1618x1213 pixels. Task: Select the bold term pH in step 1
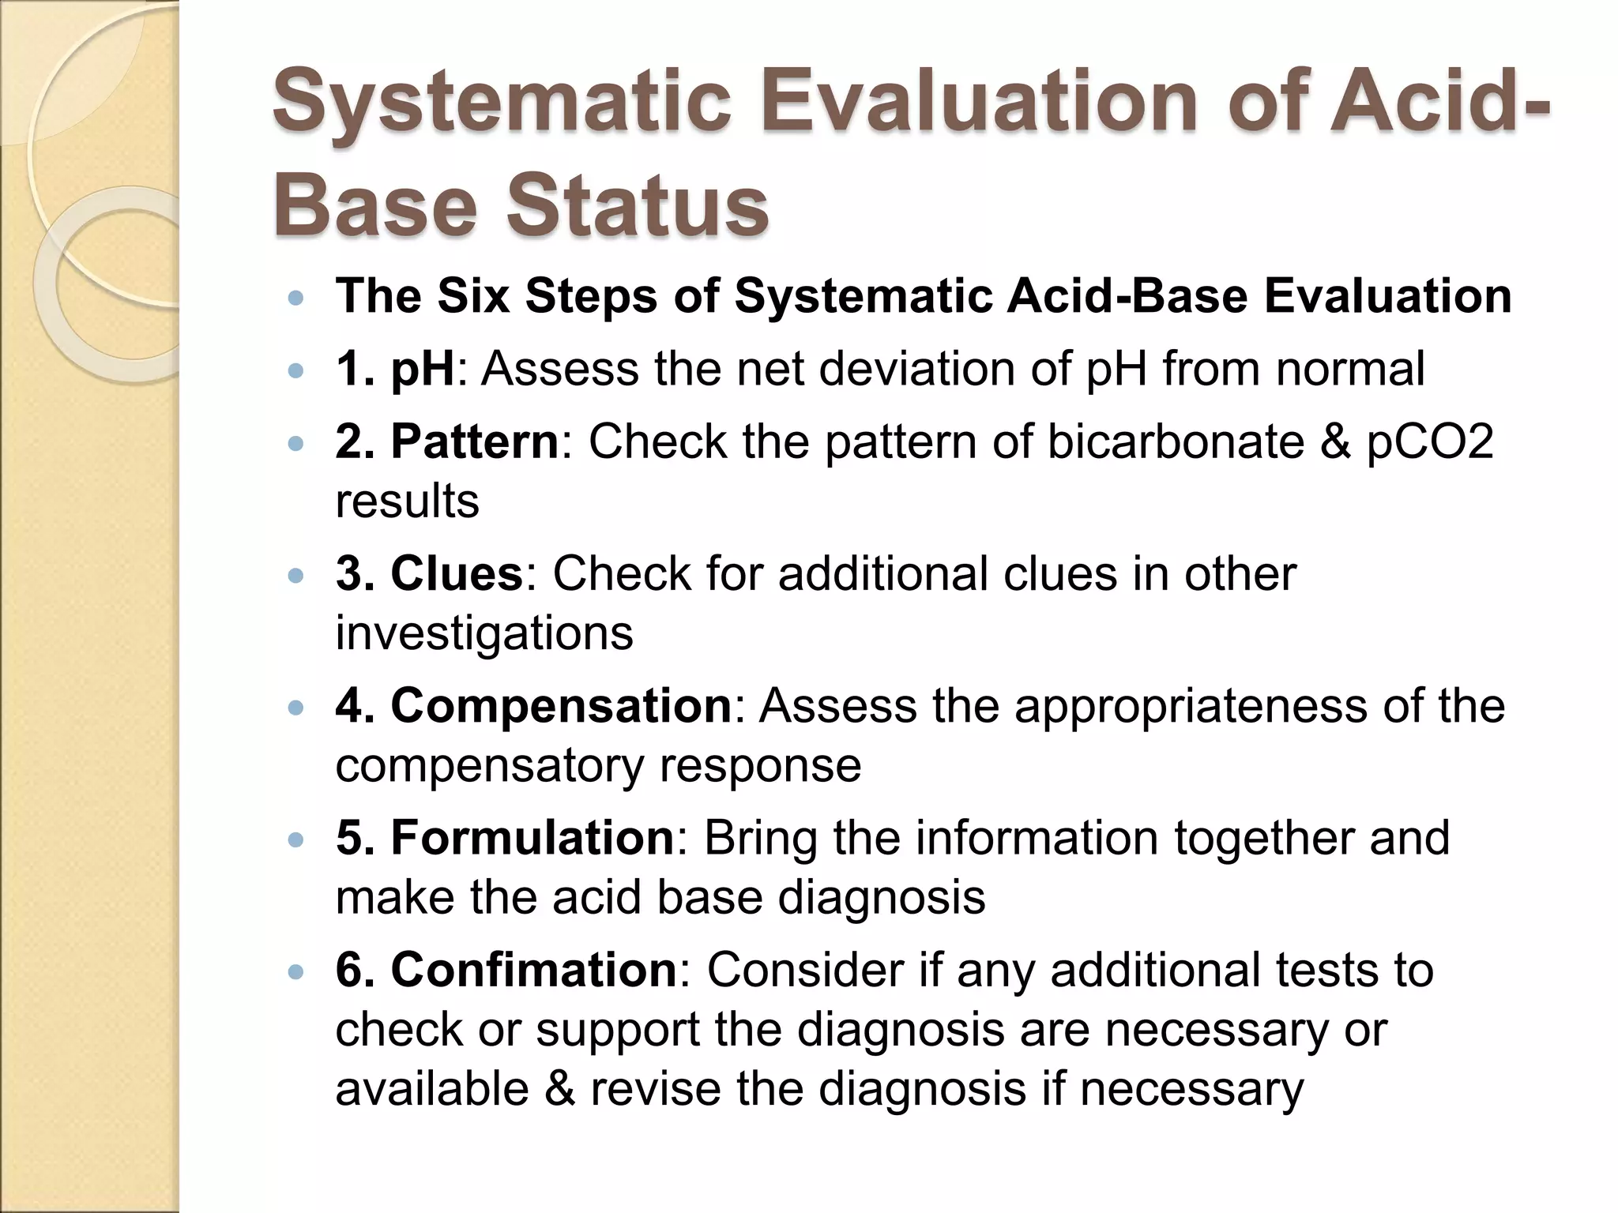423,369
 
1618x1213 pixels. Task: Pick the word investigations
484,633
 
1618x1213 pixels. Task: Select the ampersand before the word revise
559,1089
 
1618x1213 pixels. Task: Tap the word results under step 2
407,501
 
